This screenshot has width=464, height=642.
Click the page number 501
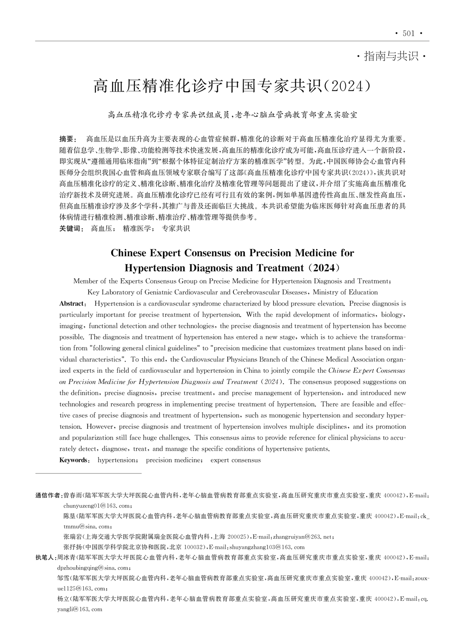pyautogui.click(x=409, y=33)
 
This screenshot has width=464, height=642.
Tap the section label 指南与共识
pyautogui.click(x=391, y=56)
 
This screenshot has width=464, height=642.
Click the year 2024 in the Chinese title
pyautogui.click(x=348, y=86)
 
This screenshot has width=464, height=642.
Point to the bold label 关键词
pyautogui.click(x=71, y=229)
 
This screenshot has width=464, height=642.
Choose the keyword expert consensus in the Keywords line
pyautogui.click(x=235, y=460)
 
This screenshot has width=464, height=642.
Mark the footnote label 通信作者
pyautogui.click(x=48, y=495)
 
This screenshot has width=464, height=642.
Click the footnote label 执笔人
pyautogui.click(x=45, y=557)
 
